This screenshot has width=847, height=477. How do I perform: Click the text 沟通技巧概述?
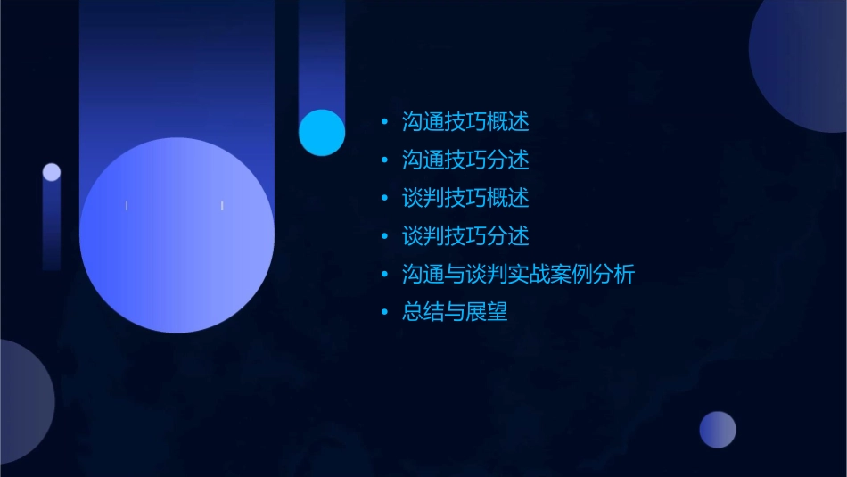[x=465, y=122]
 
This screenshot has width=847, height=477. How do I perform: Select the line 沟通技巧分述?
[x=465, y=160]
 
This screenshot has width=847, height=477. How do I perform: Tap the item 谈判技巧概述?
[x=465, y=198]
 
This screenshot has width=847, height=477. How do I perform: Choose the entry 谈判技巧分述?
[x=465, y=236]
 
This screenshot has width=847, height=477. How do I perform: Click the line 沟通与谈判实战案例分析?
[x=518, y=275]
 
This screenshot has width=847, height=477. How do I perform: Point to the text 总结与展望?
[x=455, y=312]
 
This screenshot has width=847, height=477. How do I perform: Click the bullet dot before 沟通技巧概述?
[x=384, y=122]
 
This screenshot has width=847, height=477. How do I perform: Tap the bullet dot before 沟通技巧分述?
[x=384, y=160]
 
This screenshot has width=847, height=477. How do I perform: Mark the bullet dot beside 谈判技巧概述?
[x=384, y=198]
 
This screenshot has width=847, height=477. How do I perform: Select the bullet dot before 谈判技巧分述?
[x=384, y=236]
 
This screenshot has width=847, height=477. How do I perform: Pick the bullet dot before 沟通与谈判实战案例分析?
[x=384, y=275]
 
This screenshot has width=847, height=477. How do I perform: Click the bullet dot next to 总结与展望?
[x=384, y=312]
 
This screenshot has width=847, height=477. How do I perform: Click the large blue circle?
[x=177, y=235]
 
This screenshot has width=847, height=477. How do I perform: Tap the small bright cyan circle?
[x=322, y=133]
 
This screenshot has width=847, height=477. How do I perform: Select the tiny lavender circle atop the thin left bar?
[x=52, y=172]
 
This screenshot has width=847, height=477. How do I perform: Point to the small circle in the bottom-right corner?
[x=718, y=430]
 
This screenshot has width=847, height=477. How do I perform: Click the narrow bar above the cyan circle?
[x=322, y=53]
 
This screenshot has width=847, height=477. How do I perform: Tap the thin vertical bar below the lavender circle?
[x=52, y=227]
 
